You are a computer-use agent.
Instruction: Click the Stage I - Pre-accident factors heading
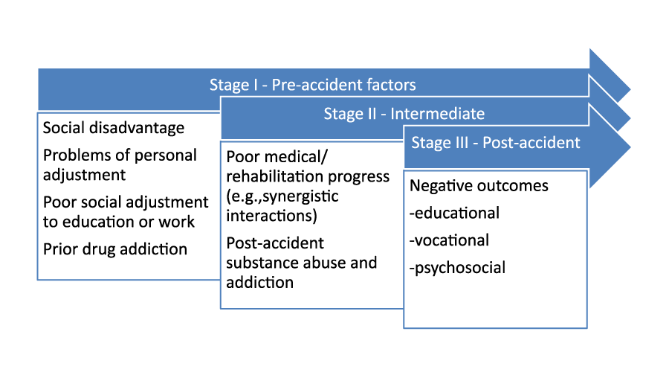click(x=312, y=85)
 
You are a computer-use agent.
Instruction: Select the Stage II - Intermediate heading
click(x=404, y=114)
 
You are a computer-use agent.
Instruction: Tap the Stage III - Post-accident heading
click(x=495, y=143)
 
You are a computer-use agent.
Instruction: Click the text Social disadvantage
click(x=114, y=128)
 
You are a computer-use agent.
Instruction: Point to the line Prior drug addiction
click(x=115, y=249)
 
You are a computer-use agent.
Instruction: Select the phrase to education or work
click(x=119, y=222)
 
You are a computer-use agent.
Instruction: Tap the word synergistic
click(x=300, y=196)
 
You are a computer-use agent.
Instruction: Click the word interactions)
click(x=271, y=216)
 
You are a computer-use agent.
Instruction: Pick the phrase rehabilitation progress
click(x=308, y=176)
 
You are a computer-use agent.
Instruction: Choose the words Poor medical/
click(x=277, y=157)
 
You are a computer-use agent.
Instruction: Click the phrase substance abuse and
click(x=301, y=263)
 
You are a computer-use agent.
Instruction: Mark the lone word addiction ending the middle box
click(x=259, y=282)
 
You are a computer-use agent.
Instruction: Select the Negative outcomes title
click(x=479, y=186)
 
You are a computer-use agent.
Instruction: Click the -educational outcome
click(x=454, y=213)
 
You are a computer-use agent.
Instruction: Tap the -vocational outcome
click(x=449, y=240)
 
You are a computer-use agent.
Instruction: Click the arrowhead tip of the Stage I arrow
click(x=630, y=89)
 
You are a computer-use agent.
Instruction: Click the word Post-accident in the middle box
click(x=275, y=243)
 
